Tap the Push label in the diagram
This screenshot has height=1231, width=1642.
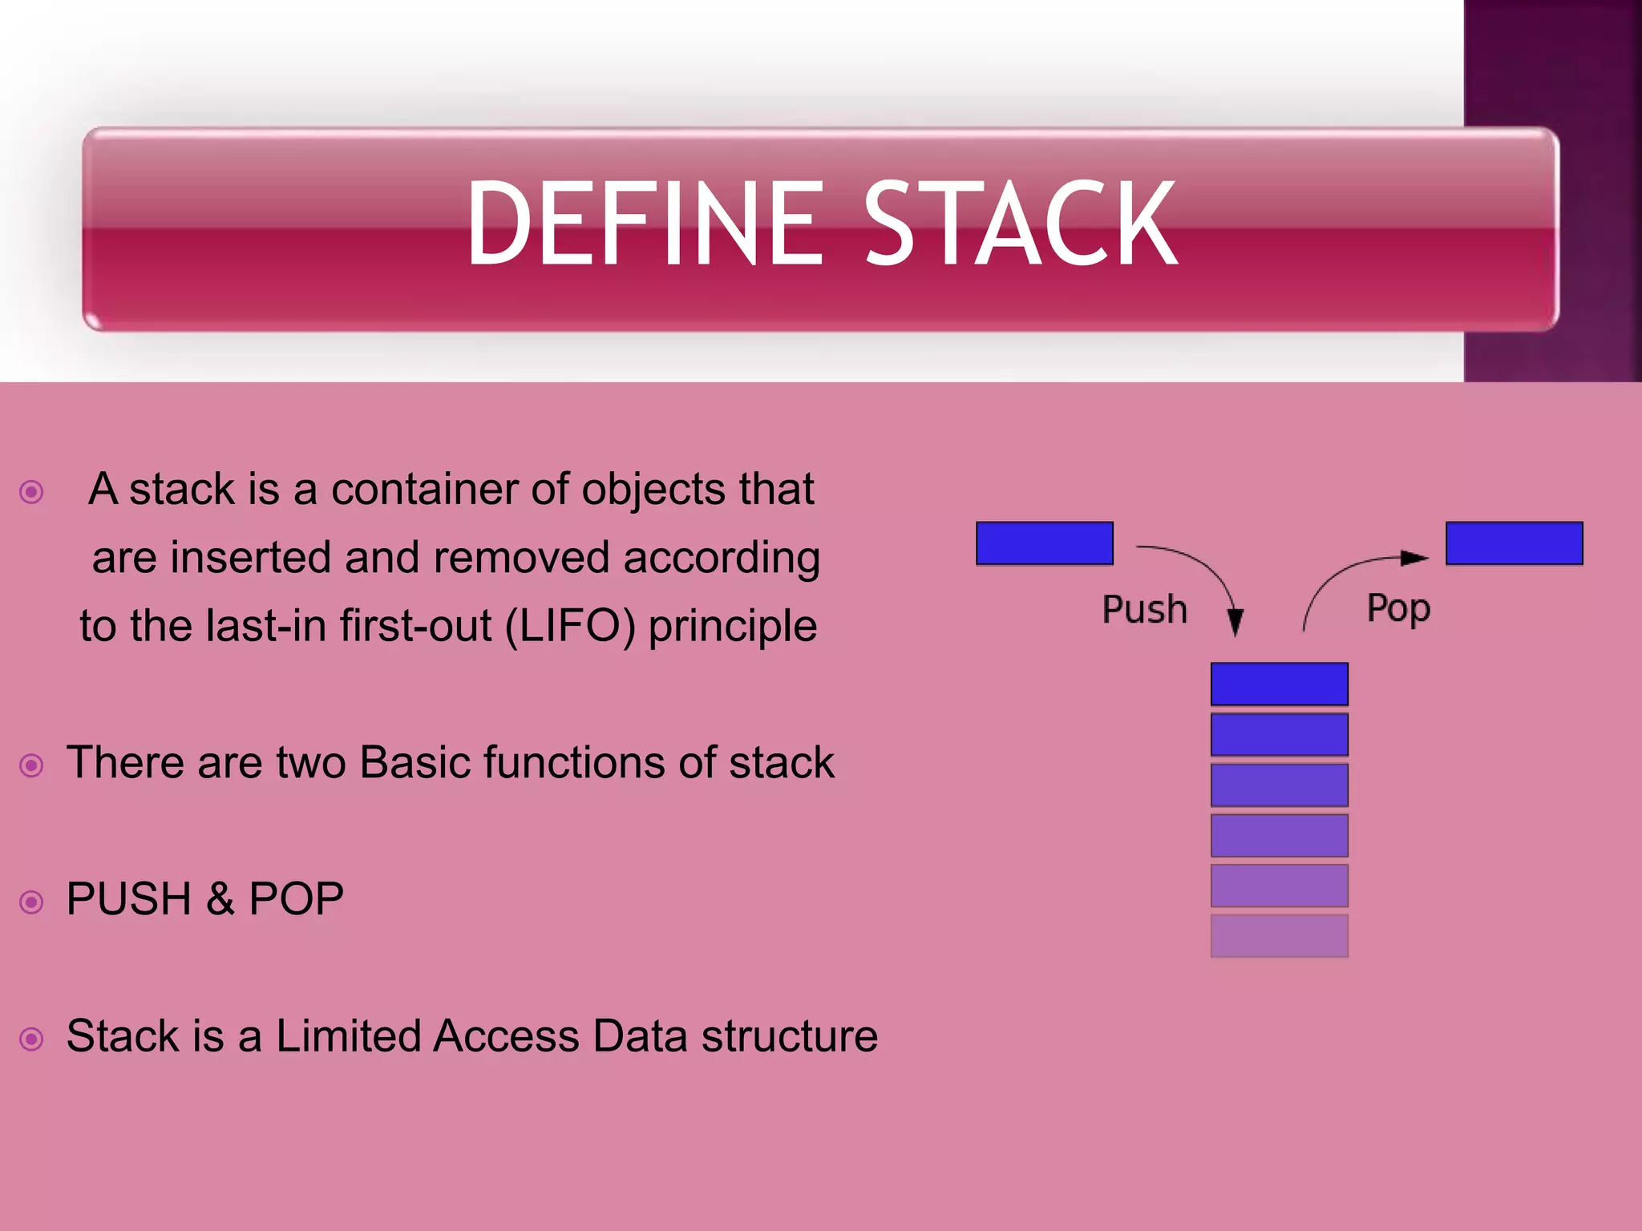[1144, 609]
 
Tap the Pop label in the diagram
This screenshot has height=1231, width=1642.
[1398, 609]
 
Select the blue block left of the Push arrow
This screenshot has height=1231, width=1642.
[1044, 543]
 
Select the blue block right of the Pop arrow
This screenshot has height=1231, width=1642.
[1514, 543]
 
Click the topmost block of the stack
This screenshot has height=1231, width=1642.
[1279, 684]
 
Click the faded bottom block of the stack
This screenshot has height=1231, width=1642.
[1279, 935]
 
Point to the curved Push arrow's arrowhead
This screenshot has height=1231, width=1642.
[1236, 622]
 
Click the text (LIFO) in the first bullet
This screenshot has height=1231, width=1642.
[570, 626]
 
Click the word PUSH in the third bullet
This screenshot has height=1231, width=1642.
[128, 898]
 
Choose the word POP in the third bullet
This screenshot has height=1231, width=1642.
[296, 898]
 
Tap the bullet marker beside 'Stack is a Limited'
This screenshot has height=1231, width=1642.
[31, 1039]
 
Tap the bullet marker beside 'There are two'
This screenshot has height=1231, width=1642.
[31, 765]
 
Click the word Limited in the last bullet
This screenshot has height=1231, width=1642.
[346, 1035]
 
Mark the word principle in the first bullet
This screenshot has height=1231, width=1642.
[732, 626]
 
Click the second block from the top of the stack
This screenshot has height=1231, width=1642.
[1279, 734]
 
